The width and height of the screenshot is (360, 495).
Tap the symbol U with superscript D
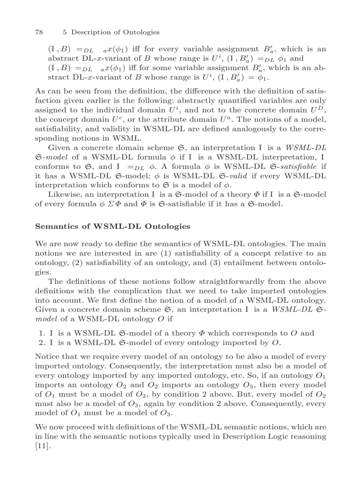pos(319,100)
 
